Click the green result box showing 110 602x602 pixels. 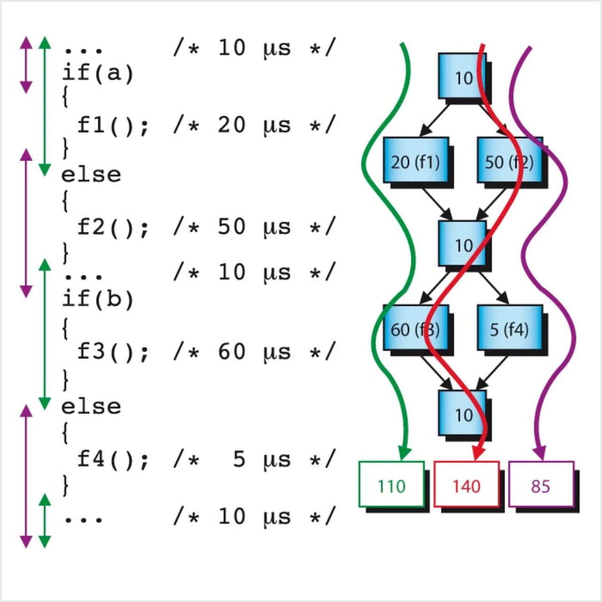pyautogui.click(x=391, y=484)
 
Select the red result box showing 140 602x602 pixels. pyautogui.click(x=466, y=484)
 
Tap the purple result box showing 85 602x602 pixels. pyautogui.click(x=541, y=484)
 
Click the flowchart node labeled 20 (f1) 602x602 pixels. pyautogui.click(x=415, y=160)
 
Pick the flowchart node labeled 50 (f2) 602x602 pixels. pyautogui.click(x=509, y=160)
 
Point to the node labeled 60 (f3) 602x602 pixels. pyautogui.click(x=415, y=328)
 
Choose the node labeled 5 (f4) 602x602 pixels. pyautogui.click(x=509, y=328)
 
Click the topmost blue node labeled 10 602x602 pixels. pyautogui.click(x=462, y=76)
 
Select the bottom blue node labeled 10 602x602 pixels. pyautogui.click(x=462, y=413)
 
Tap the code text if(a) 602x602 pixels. pyautogui.click(x=98, y=73)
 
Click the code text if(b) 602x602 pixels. pyautogui.click(x=98, y=299)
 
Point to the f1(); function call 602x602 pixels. pyautogui.click(x=113, y=126)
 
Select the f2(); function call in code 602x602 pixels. pyautogui.click(x=113, y=227)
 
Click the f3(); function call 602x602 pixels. pyautogui.click(x=113, y=352)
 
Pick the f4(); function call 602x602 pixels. pyautogui.click(x=113, y=459)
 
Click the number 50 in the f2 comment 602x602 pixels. pyautogui.click(x=231, y=226)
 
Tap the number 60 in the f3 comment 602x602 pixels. pyautogui.click(x=231, y=351)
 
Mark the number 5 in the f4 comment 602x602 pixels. pyautogui.click(x=239, y=459)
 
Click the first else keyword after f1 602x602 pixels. pyautogui.click(x=91, y=175)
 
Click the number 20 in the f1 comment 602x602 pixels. pyautogui.click(x=231, y=125)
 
